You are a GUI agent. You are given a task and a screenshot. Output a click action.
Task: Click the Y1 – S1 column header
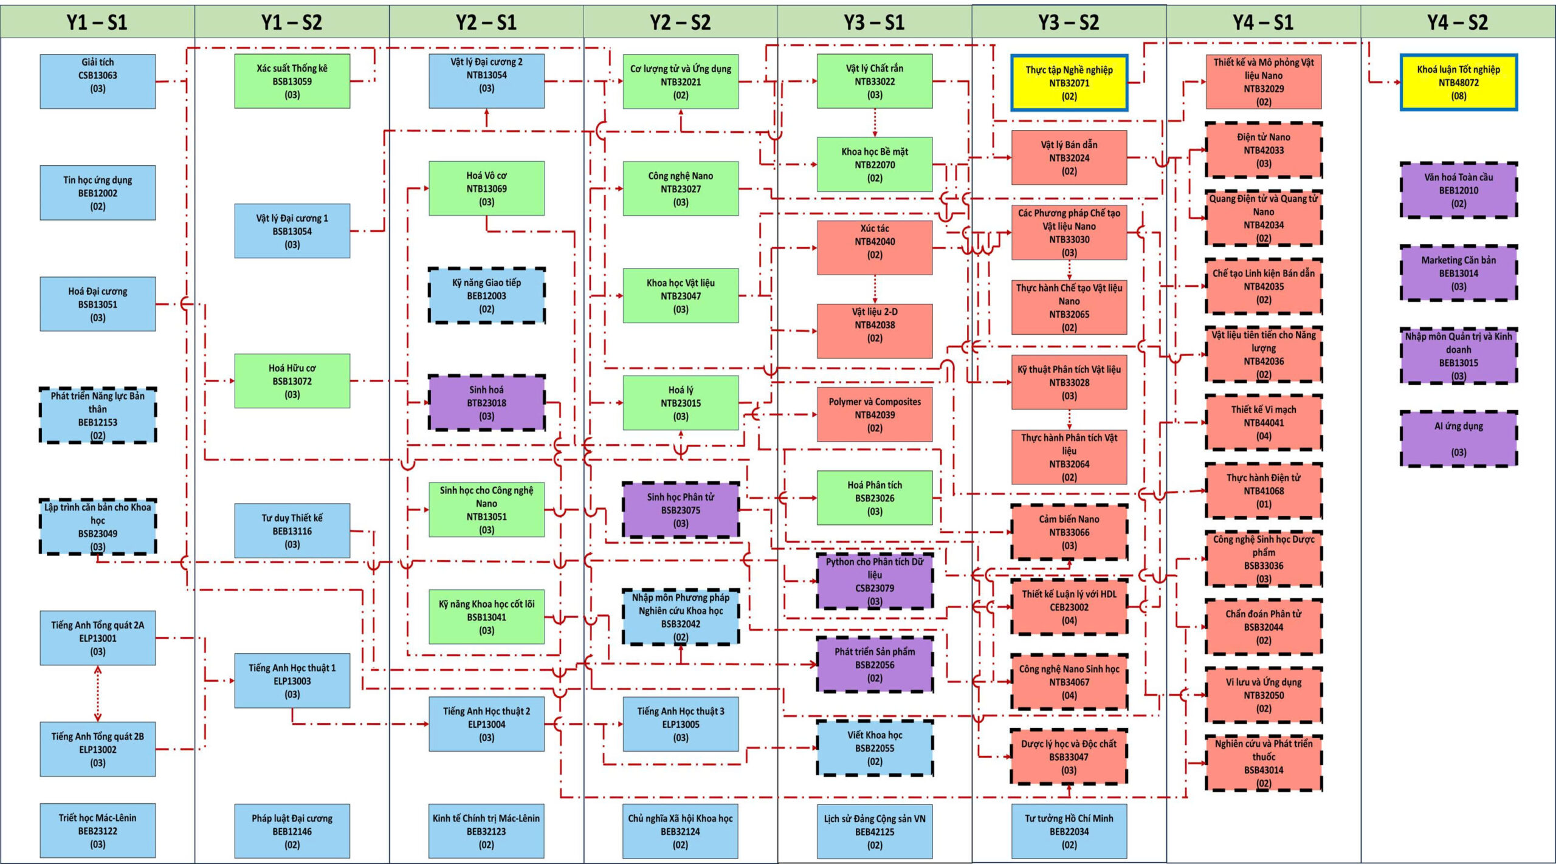tap(97, 22)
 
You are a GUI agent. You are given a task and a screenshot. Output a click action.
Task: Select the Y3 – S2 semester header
tap(1069, 22)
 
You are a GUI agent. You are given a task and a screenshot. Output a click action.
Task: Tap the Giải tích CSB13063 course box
tap(97, 81)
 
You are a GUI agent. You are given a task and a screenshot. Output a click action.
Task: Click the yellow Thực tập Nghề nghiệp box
tap(1069, 83)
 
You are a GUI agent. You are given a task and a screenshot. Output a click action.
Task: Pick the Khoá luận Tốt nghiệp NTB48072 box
tap(1458, 83)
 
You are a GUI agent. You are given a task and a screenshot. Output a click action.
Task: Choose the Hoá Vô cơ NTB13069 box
tap(486, 188)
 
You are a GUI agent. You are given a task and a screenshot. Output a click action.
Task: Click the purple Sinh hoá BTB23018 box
tap(486, 403)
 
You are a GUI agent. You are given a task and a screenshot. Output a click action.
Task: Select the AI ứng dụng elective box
tap(1458, 439)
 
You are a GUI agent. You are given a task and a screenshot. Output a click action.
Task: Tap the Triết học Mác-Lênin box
tap(97, 831)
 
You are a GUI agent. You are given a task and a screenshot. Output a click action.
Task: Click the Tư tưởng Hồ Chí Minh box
tap(1069, 831)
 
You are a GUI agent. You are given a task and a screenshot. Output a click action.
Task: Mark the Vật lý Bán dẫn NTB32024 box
tap(1069, 157)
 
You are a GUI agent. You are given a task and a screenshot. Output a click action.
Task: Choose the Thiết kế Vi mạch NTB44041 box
tap(1264, 422)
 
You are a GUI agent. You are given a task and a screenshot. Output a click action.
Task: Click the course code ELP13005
tap(681, 724)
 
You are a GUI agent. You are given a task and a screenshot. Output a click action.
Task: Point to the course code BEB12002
tap(97, 193)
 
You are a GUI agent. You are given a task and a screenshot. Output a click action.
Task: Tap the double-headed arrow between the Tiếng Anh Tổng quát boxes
tap(98, 693)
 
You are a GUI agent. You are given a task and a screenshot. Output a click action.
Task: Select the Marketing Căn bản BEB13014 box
tap(1458, 273)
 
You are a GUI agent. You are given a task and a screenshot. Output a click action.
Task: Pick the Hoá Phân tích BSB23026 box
tap(875, 498)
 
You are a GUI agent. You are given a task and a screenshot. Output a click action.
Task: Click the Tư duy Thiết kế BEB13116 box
tap(292, 530)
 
